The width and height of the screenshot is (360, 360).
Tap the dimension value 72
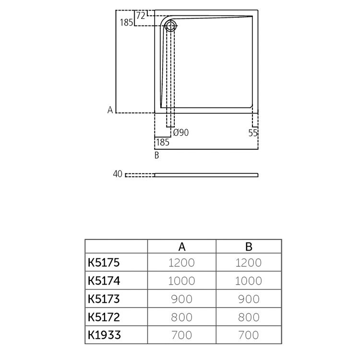pyautogui.click(x=141, y=15)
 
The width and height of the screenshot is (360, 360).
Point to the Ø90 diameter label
pyautogui.click(x=180, y=132)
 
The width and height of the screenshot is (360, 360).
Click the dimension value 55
pyautogui.click(x=253, y=132)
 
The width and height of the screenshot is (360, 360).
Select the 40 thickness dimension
pyautogui.click(x=118, y=174)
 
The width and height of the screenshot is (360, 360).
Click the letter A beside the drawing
pyautogui.click(x=110, y=110)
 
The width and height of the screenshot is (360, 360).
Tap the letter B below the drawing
pyautogui.click(x=156, y=155)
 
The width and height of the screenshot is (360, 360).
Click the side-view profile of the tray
pyautogui.click(x=206, y=175)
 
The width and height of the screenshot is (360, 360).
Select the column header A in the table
pyautogui.click(x=181, y=247)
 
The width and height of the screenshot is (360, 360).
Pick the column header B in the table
pyautogui.click(x=249, y=247)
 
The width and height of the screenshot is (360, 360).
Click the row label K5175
pyautogui.click(x=103, y=263)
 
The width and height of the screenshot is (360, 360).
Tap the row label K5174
pyautogui.click(x=103, y=281)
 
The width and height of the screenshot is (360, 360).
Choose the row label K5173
pyautogui.click(x=103, y=299)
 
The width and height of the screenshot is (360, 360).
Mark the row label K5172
pyautogui.click(x=103, y=317)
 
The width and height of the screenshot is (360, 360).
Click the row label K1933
pyautogui.click(x=103, y=335)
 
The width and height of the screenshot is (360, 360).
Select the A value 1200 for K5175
pyautogui.click(x=181, y=263)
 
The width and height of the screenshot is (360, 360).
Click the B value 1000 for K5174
pyautogui.click(x=249, y=281)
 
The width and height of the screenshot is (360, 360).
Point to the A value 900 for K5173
pyautogui.click(x=181, y=299)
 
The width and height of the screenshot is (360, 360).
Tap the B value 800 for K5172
pyautogui.click(x=249, y=317)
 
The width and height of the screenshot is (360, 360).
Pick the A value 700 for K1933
pyautogui.click(x=181, y=335)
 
